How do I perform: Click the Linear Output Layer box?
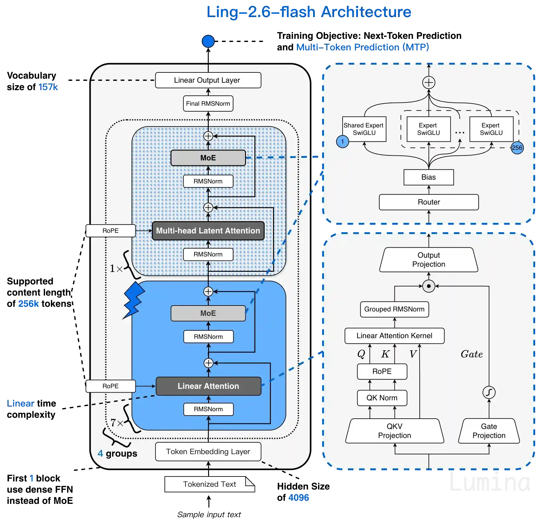coord(208,80)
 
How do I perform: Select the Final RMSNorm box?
coord(208,104)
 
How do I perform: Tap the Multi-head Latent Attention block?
coord(208,231)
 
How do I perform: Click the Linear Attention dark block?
coord(208,386)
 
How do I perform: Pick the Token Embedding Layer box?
coord(208,452)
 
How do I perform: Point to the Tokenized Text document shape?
coord(209,484)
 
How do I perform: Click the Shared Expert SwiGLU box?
coord(364,129)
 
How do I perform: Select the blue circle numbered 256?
coord(517,148)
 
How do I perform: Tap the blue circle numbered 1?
coord(342,142)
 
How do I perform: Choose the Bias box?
coord(428,177)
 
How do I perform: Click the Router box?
coord(429,202)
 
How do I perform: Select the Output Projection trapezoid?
coord(428,260)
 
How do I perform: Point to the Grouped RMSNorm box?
coord(394,309)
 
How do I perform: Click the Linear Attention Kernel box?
coord(394,336)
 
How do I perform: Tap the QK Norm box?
coord(382,398)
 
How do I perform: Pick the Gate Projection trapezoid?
coord(489,431)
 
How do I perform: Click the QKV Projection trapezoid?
coord(394,431)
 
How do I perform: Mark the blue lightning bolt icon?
coord(134,300)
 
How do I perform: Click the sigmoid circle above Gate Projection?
coord(489,392)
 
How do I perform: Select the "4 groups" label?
coord(117,453)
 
